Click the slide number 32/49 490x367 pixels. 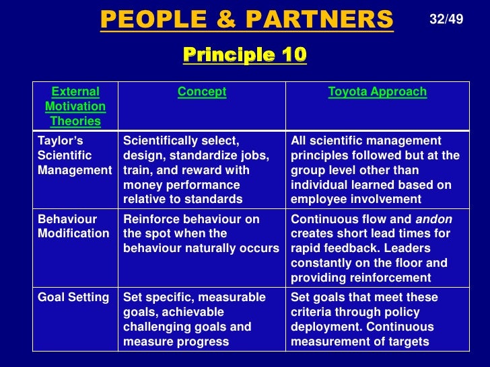pyautogui.click(x=446, y=19)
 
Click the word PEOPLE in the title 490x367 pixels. pyautogui.click(x=147, y=20)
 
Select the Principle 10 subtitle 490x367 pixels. pyautogui.click(x=244, y=54)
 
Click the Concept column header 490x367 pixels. pyautogui.click(x=202, y=92)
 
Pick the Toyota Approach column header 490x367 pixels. pyautogui.click(x=377, y=92)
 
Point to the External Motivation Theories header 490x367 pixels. pyautogui.click(x=75, y=106)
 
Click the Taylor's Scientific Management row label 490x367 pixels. pyautogui.click(x=75, y=155)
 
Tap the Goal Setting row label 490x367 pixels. pyautogui.click(x=73, y=297)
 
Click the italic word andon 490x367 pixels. pyautogui.click(x=435, y=219)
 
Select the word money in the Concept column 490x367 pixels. pyautogui.click(x=141, y=184)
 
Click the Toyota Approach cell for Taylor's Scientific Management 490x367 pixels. pyautogui.click(x=376, y=169)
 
